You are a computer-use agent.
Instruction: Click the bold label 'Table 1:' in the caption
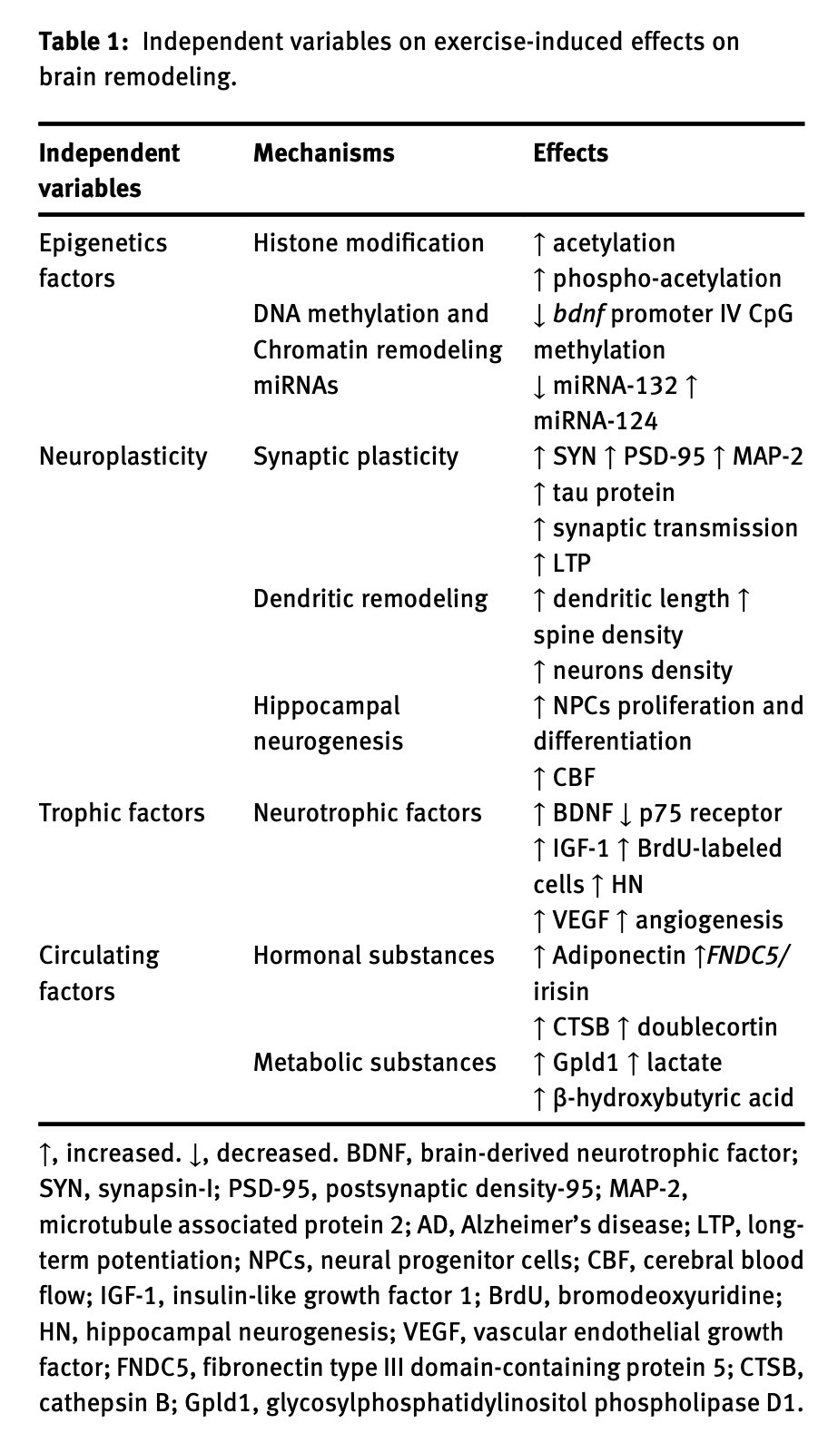click(x=85, y=41)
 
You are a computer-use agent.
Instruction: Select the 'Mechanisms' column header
click(x=323, y=153)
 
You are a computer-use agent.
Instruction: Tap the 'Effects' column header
click(x=570, y=153)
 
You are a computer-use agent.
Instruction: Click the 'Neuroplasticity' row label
click(x=123, y=456)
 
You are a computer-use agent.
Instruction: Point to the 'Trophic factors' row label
click(x=122, y=813)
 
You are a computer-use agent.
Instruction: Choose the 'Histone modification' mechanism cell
click(x=369, y=243)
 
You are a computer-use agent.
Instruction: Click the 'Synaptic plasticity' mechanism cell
click(x=356, y=456)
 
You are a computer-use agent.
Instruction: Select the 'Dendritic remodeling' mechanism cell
click(x=370, y=599)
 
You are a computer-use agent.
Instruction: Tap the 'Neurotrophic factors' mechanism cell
click(x=368, y=813)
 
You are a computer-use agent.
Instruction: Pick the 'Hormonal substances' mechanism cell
click(x=374, y=956)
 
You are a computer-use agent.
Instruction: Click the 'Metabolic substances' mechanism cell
click(x=374, y=1062)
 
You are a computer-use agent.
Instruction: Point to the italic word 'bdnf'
click(x=579, y=314)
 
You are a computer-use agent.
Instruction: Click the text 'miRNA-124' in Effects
click(x=596, y=421)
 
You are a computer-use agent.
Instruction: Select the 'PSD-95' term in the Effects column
click(x=665, y=456)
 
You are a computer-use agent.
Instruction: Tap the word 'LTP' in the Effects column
click(x=572, y=564)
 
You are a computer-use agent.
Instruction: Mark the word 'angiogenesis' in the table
click(x=709, y=920)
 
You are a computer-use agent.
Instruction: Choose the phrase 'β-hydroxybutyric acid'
click(x=673, y=1098)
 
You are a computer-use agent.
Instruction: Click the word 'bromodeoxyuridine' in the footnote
click(x=669, y=1295)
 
